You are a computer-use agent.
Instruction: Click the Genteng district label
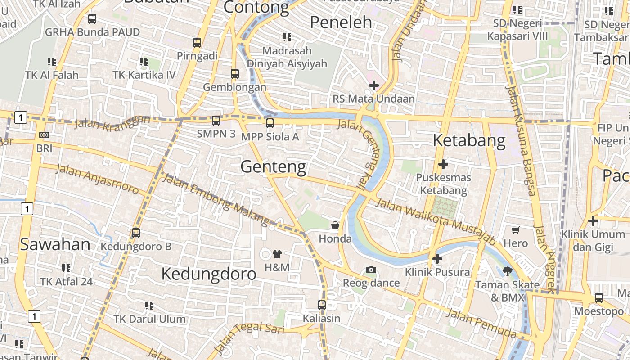click(273, 167)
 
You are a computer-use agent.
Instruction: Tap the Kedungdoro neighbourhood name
click(209, 274)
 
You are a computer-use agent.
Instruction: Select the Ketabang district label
click(469, 140)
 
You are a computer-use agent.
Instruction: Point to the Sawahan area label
click(55, 244)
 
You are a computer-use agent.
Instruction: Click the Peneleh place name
click(342, 22)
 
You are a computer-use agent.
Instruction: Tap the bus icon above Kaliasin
click(321, 305)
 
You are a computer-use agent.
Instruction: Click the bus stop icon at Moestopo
click(598, 297)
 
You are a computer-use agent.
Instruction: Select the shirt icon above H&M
click(277, 254)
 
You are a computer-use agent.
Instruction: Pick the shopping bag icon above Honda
click(335, 225)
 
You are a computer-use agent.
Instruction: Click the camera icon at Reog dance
click(371, 270)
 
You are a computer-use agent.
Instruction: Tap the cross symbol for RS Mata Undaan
click(373, 85)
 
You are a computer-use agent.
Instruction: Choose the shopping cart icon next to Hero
click(516, 230)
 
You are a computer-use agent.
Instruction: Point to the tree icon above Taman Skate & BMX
click(507, 271)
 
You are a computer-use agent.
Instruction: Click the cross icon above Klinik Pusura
click(437, 259)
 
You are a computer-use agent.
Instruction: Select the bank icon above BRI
click(44, 135)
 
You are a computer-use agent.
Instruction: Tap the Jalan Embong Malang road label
click(215, 198)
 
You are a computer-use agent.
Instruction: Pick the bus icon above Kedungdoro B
click(135, 233)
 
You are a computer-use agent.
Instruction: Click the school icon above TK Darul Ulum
click(149, 306)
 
